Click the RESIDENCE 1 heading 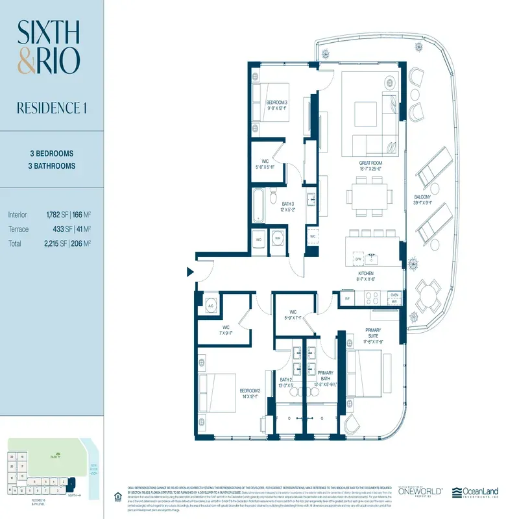(x=51, y=108)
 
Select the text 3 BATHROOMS (x=53, y=166)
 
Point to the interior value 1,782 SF (x=56, y=214)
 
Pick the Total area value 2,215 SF (x=56, y=244)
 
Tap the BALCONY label (x=426, y=200)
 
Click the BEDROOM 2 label (x=250, y=394)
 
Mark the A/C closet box (x=211, y=306)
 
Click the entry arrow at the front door (x=191, y=272)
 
